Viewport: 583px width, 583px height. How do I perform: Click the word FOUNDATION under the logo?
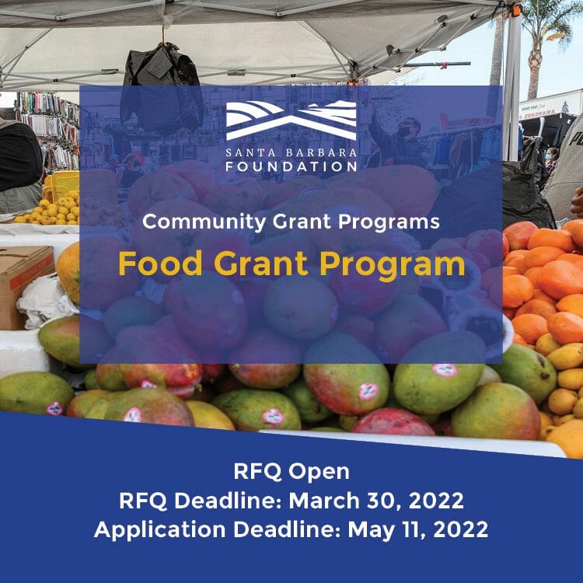(291, 166)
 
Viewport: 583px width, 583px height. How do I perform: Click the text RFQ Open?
(291, 472)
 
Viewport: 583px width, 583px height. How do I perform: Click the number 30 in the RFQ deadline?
(378, 501)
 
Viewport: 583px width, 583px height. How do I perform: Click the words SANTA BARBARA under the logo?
(291, 151)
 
